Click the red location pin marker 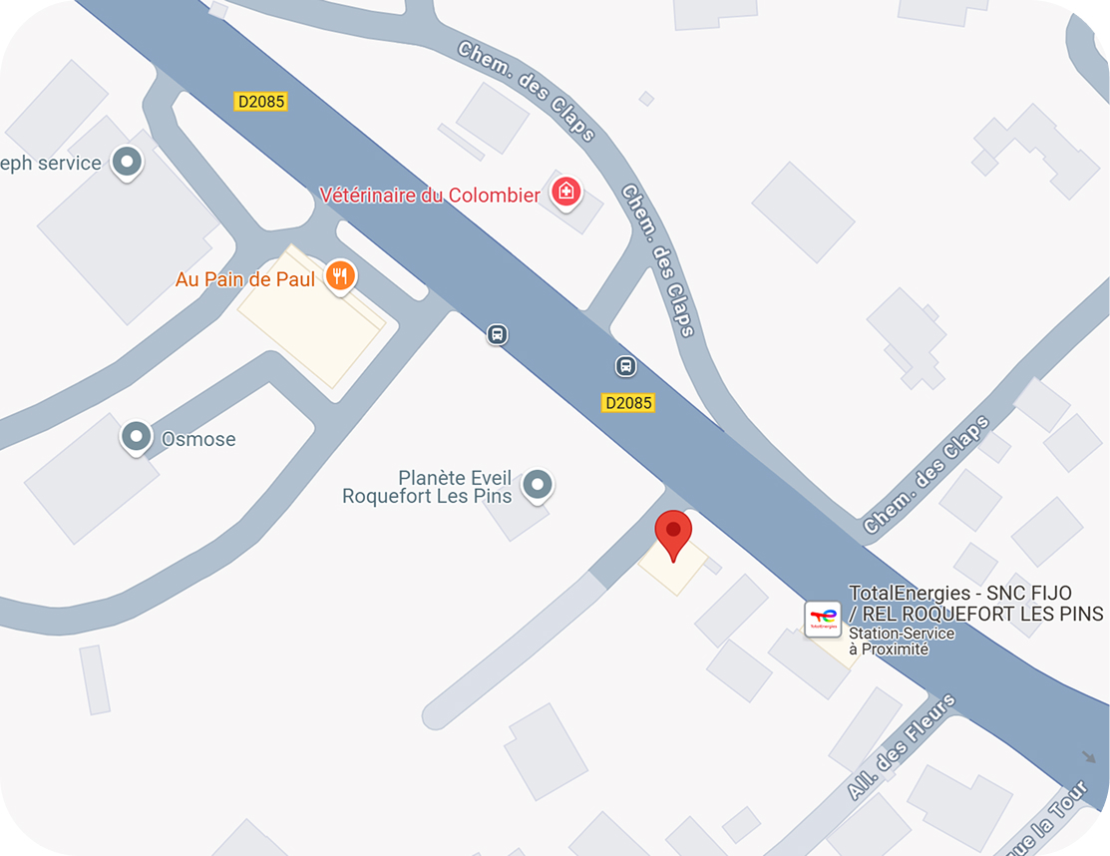coord(673,534)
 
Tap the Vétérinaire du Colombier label coord(430,195)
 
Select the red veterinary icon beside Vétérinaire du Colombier coord(566,193)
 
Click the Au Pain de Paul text coord(245,279)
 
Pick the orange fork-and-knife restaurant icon coord(341,275)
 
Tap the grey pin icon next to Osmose coord(136,436)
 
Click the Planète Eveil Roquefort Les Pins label coord(428,487)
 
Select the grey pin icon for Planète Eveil coord(539,485)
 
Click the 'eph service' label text coord(51,163)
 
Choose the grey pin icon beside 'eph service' coord(127,161)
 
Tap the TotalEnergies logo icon coord(823,619)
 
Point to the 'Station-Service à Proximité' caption coord(902,642)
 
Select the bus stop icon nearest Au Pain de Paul coord(497,334)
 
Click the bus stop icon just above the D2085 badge coord(625,365)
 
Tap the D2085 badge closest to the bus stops coord(628,403)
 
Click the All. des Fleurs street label coord(902,746)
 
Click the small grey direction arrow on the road coord(1087,757)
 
